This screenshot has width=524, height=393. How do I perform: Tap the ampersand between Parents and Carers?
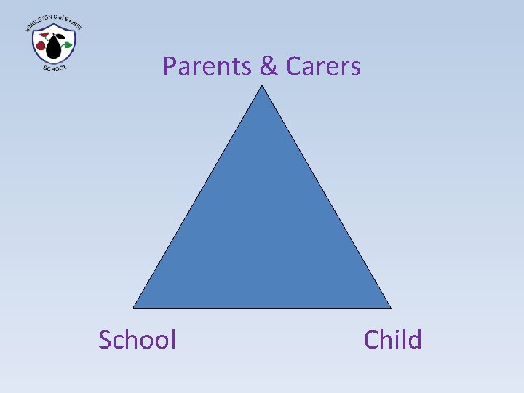click(269, 66)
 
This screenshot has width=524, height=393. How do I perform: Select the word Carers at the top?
click(322, 66)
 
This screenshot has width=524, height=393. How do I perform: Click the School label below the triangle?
click(138, 339)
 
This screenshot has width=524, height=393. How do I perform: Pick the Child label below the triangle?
click(392, 339)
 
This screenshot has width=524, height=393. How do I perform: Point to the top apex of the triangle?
click(262, 87)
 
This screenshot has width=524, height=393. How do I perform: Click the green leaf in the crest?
click(67, 44)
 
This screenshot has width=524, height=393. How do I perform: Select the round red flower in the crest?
click(41, 46)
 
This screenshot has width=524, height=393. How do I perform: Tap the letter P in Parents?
click(170, 66)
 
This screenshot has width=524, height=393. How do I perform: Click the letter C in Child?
click(371, 339)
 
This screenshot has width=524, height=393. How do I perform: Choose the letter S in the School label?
click(106, 339)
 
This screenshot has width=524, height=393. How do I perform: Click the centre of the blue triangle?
click(262, 233)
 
